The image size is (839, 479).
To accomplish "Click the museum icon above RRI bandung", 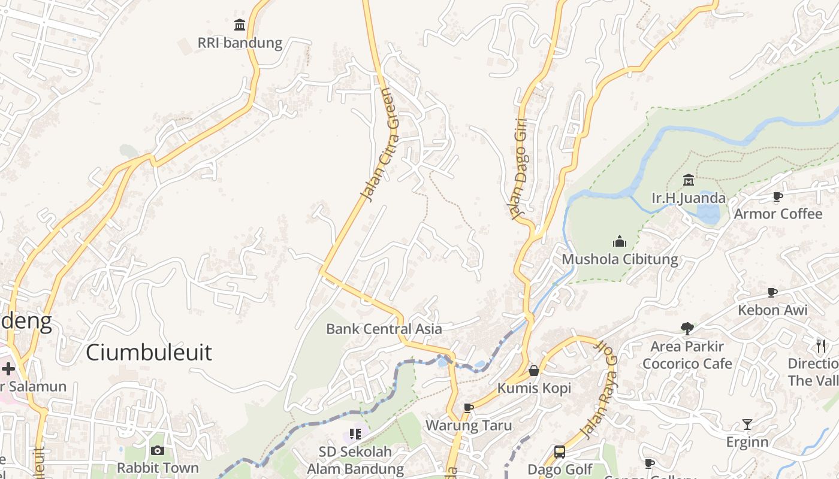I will click(240, 25).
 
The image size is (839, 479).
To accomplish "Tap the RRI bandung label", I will click(240, 43).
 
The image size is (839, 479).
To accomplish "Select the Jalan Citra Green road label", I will click(380, 145).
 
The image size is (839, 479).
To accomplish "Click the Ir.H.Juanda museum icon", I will click(688, 180).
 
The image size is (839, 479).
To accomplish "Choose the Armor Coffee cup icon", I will click(778, 196).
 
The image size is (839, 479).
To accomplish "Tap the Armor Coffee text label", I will click(778, 214).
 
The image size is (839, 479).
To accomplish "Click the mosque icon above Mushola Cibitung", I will click(620, 241).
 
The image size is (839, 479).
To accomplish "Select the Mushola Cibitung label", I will click(620, 259).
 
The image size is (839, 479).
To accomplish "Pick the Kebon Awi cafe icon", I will click(772, 293).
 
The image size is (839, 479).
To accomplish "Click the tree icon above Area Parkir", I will click(687, 328).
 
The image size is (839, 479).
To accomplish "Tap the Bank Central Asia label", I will click(384, 329).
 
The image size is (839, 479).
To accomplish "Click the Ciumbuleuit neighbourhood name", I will click(149, 352).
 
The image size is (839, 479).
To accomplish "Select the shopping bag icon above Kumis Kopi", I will click(534, 371).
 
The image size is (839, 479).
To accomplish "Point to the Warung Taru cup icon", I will click(469, 408).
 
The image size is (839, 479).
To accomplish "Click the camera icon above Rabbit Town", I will click(158, 450).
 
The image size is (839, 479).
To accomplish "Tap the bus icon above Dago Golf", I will click(559, 452).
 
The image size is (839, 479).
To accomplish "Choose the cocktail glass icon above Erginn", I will click(747, 425).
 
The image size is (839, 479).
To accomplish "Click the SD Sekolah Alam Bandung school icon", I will click(355, 433).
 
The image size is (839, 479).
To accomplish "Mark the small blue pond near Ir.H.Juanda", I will click(708, 214).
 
